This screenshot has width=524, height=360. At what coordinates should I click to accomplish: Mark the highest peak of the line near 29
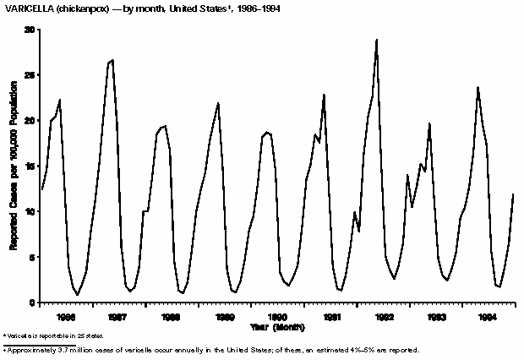pyautogui.click(x=376, y=40)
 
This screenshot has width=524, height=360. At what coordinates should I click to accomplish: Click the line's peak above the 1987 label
pyautogui.click(x=112, y=61)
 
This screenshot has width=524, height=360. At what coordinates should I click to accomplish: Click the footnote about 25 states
pyautogui.click(x=43, y=336)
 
